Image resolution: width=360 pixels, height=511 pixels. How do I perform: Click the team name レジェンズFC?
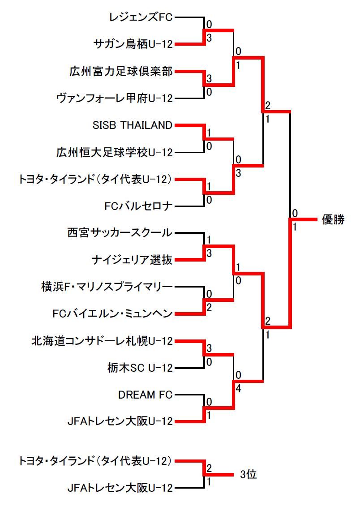tap(141, 17)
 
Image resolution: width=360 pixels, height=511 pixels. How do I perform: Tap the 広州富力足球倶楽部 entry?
tap(121, 71)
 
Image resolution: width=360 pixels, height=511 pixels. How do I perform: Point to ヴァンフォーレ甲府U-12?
tap(115, 99)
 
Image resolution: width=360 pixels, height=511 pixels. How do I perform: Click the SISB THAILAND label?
tap(133, 125)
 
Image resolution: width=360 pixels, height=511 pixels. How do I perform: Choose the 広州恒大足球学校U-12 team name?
tap(115, 152)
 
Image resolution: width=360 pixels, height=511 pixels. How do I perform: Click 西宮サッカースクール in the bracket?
tap(120, 233)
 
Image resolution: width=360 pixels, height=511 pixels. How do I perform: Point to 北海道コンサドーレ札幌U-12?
tap(102, 341)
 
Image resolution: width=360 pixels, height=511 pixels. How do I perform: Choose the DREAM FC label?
tap(146, 395)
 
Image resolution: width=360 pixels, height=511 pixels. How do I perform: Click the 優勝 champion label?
tap(333, 220)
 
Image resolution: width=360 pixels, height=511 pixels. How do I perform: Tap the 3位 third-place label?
tap(248, 475)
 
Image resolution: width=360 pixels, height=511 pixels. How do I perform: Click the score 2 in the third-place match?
tap(209, 468)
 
